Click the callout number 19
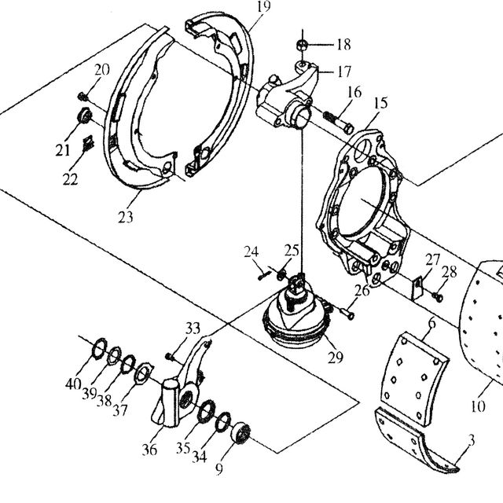(264, 6)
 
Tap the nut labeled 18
(302, 45)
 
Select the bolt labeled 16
(338, 123)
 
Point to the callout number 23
(125, 218)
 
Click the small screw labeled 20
(83, 96)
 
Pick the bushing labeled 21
(85, 116)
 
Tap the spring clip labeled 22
(88, 143)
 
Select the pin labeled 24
(264, 275)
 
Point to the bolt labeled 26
(347, 313)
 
